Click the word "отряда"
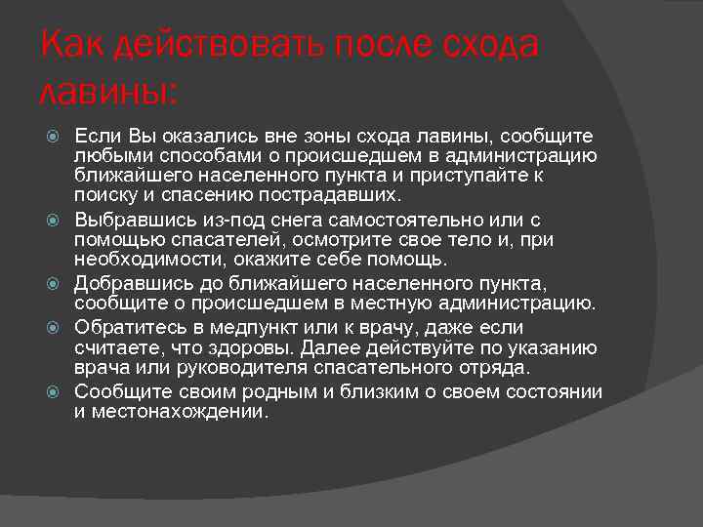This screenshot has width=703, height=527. [x=499, y=368]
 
